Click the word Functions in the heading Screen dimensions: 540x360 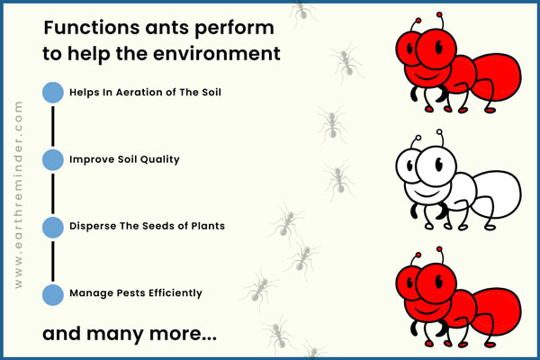pyautogui.click(x=92, y=28)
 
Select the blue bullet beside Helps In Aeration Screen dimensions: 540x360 pyautogui.click(x=53, y=93)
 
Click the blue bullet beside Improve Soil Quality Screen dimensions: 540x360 pyautogui.click(x=53, y=160)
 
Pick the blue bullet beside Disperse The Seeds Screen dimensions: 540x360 pyautogui.click(x=53, y=228)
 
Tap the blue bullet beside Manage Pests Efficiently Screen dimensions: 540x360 pyautogui.click(x=53, y=295)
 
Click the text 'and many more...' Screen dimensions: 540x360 pyautogui.click(x=130, y=334)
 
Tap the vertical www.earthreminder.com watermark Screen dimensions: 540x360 pyautogui.click(x=19, y=194)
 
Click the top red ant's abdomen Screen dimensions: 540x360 pyautogui.click(x=496, y=77)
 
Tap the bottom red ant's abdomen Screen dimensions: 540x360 pyautogui.click(x=496, y=311)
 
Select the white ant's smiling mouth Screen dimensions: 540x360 pyautogui.click(x=427, y=193)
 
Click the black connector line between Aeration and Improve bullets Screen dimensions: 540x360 pyautogui.click(x=53, y=126)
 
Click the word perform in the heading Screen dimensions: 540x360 pyautogui.click(x=235, y=29)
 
